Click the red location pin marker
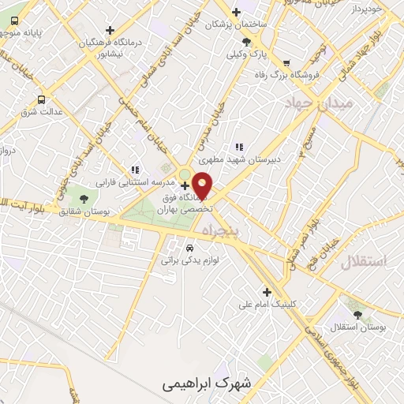pos(203,184)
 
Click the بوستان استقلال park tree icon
pos(358,314)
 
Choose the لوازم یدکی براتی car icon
pos(189,247)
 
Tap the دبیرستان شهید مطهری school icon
pos(238,147)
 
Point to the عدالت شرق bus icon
pos(40,99)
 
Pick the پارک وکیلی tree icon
pos(247,42)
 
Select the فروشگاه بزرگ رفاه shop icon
pos(286,64)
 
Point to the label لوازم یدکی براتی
pos(189,259)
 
